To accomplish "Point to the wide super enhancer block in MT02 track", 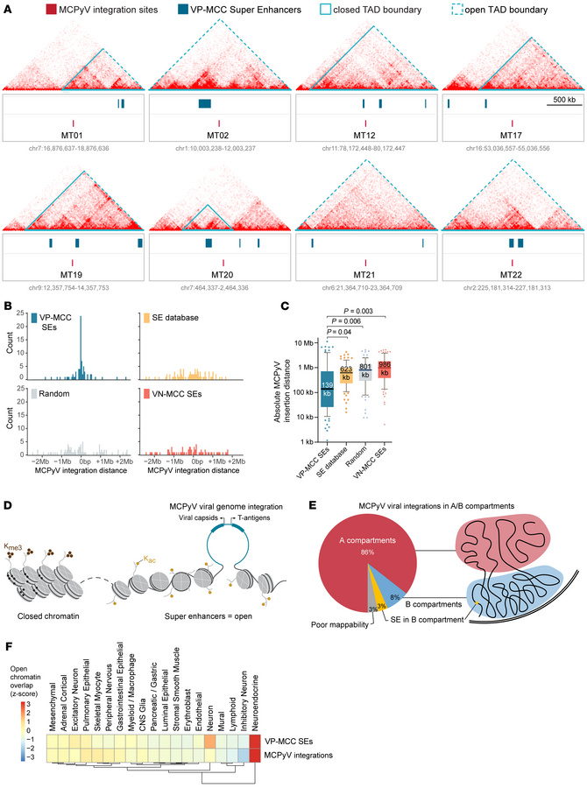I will pyautogui.click(x=204, y=104).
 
